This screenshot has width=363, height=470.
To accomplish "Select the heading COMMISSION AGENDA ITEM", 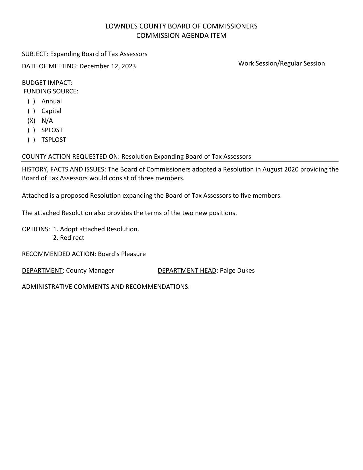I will pos(181,36).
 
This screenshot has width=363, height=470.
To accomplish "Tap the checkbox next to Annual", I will pos(31,101).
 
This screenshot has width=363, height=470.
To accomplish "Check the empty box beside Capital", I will pos(31,111).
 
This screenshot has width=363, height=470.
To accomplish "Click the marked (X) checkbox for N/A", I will pos(31,121).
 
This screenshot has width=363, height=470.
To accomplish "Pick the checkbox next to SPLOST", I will pos(31,130).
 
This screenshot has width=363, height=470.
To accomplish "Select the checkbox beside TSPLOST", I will pos(31,140).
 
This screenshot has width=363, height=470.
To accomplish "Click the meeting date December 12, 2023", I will pos(108,66).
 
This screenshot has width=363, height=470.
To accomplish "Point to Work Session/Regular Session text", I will pos(281,64).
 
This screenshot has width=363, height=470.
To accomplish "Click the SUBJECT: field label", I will pos(35,54).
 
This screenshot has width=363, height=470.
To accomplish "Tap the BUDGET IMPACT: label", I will pos(47,83).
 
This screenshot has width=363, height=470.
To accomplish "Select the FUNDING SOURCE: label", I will pos(51,91).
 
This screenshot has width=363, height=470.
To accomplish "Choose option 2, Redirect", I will pos(69,238).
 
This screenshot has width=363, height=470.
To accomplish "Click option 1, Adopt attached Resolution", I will pos(96,229).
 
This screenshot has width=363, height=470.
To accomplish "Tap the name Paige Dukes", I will pos(237,271).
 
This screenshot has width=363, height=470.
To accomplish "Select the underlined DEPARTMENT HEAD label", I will pos(187,271).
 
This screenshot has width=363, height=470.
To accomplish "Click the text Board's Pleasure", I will pos(122,254).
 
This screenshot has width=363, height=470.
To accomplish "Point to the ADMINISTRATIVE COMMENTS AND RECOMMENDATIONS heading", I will pos(106,287).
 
